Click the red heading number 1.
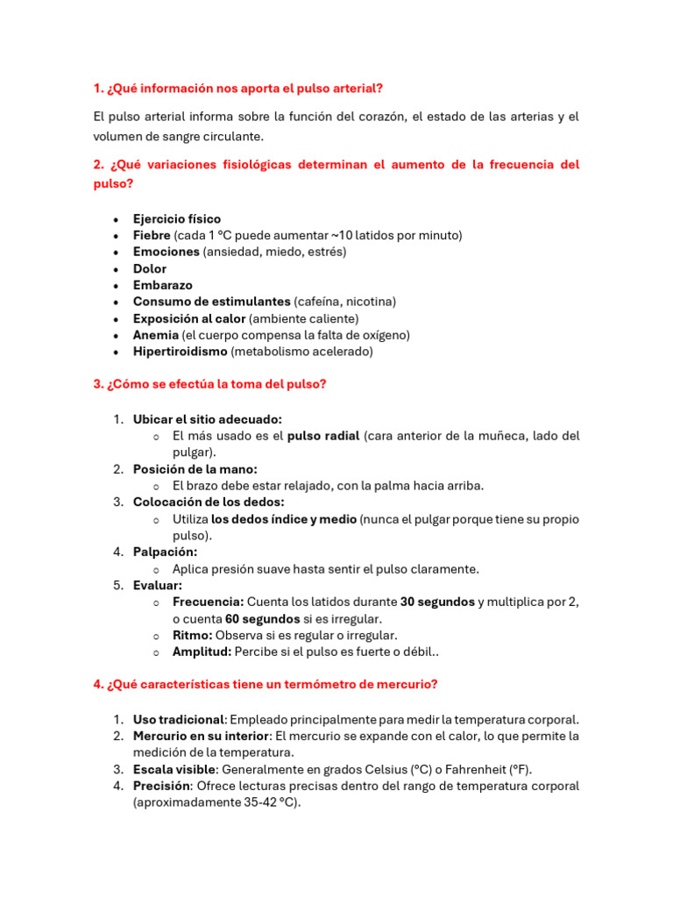(x=97, y=89)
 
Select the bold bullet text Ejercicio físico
(x=177, y=218)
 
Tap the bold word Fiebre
(x=152, y=235)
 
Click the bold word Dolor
(x=150, y=268)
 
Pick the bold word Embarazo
(x=163, y=285)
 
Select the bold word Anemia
(x=155, y=335)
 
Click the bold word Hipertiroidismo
(x=180, y=352)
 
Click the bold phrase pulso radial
(x=323, y=436)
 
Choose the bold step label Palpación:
(x=165, y=552)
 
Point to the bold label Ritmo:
(x=192, y=635)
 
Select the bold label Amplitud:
(x=202, y=652)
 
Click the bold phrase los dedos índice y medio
(x=284, y=519)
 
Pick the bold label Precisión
(x=162, y=786)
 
